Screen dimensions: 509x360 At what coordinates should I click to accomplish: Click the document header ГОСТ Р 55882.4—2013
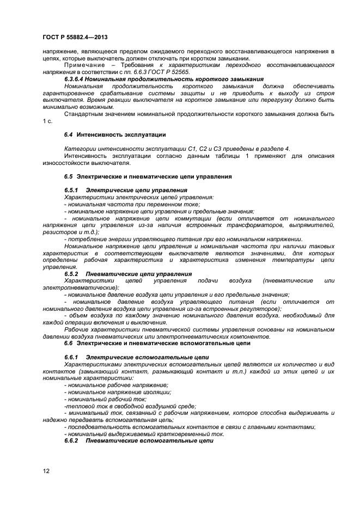[75, 37]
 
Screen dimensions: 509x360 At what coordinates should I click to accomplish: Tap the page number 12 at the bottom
[46, 470]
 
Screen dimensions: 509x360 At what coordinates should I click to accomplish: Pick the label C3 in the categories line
[205, 149]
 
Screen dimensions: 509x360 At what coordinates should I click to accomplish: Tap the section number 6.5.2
[72, 274]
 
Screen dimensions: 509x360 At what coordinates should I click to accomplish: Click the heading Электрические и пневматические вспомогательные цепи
[163, 344]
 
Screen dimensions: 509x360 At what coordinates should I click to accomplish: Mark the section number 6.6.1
[72, 357]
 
